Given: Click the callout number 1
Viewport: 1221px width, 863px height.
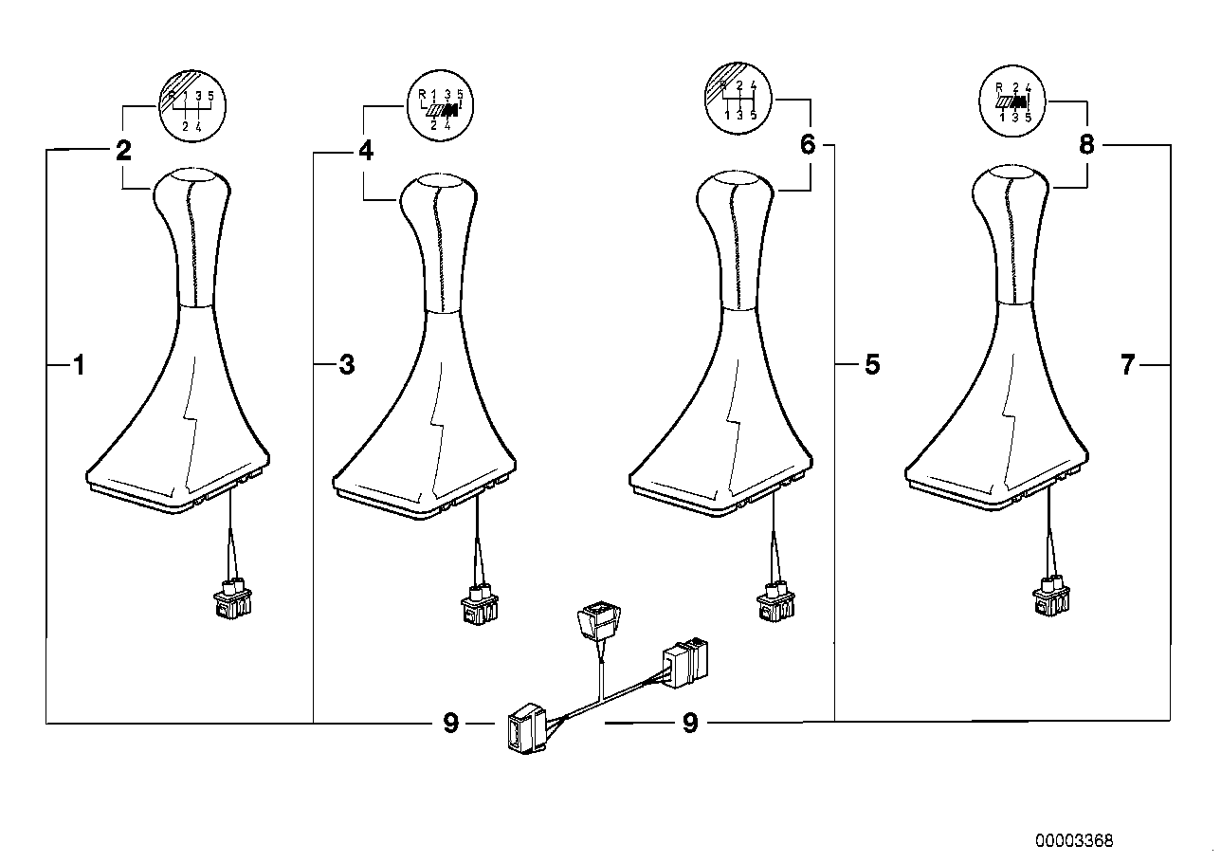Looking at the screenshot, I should tap(80, 364).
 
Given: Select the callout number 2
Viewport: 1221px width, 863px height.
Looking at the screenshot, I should tap(123, 150).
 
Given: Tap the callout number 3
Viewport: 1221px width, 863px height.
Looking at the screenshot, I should tap(346, 364).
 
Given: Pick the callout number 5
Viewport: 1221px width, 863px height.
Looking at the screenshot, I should tap(872, 364).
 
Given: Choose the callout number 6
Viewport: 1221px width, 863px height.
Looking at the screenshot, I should tap(808, 144).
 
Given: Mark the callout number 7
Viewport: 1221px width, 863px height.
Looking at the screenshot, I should tap(1127, 364).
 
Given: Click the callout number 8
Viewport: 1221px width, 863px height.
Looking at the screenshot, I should tap(1086, 144).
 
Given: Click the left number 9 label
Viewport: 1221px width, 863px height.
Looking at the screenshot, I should tap(450, 724).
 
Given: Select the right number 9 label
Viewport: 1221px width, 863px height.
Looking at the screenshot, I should tap(690, 724).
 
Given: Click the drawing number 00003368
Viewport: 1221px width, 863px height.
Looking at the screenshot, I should tap(1073, 840).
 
